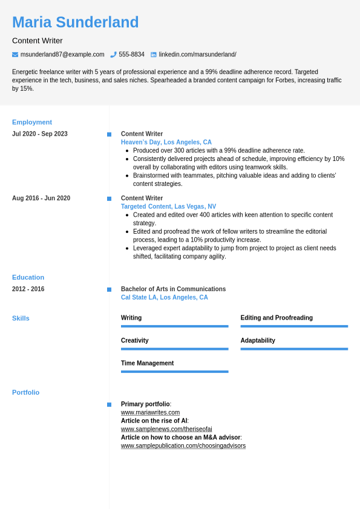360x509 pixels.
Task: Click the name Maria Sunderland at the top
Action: (x=75, y=22)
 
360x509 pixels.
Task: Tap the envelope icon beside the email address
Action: (x=15, y=54)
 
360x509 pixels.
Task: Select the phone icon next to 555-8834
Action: (x=113, y=54)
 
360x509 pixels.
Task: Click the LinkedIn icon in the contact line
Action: (x=154, y=54)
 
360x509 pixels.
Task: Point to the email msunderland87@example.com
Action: (x=62, y=54)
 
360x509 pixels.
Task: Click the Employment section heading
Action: (x=32, y=122)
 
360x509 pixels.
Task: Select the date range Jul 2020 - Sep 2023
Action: (x=40, y=134)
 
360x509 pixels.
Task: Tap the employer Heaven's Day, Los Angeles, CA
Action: (x=166, y=142)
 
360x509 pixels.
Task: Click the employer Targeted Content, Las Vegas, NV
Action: (x=168, y=206)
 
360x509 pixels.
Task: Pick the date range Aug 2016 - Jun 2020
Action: (x=41, y=198)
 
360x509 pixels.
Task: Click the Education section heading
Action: (x=28, y=277)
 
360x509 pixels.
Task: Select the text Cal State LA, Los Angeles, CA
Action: (x=164, y=297)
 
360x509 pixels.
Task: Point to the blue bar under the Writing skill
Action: (x=174, y=326)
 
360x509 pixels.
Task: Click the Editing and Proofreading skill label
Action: (x=277, y=318)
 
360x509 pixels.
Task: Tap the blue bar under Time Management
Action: (x=174, y=372)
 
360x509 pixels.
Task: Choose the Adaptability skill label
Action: (x=258, y=340)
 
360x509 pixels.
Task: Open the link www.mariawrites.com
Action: (x=146, y=412)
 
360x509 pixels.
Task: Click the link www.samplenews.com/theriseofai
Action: (x=166, y=429)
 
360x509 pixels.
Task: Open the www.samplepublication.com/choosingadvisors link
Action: (x=183, y=446)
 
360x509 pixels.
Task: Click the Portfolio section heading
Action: (x=25, y=392)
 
